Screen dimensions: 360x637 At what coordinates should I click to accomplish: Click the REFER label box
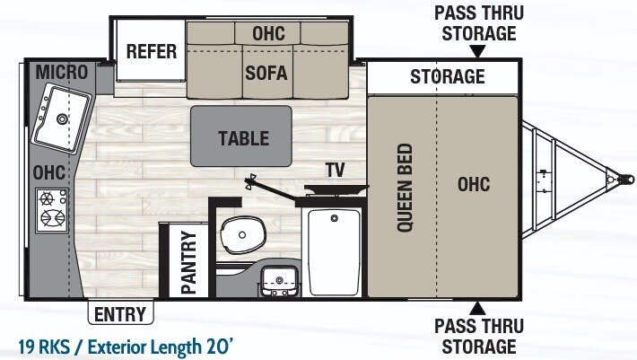151,51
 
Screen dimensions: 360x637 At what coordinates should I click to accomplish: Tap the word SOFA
266,73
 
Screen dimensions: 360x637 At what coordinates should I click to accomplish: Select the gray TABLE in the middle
243,137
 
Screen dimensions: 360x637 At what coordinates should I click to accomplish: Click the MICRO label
62,71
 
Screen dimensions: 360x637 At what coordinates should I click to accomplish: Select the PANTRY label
188,260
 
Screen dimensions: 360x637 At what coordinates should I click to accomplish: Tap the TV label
335,170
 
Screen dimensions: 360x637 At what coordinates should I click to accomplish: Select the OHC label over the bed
473,184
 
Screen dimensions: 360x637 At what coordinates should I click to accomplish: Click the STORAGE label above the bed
448,76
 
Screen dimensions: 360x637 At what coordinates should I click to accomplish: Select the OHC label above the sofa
267,33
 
